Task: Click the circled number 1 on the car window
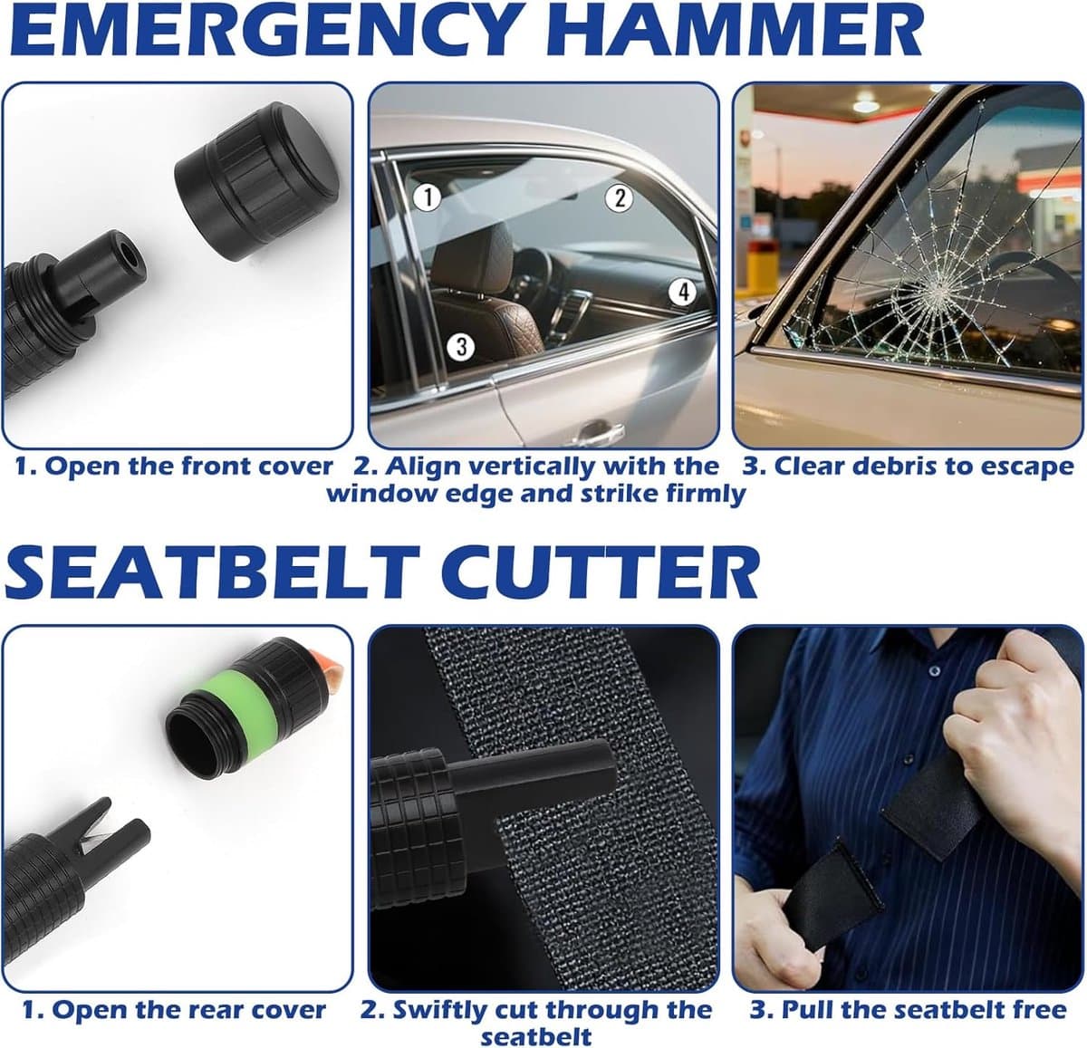point(428,197)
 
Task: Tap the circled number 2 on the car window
point(619,197)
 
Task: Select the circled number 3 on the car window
point(461,346)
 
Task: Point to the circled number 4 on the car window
point(683,292)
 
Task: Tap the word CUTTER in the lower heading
point(601,572)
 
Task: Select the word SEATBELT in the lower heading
point(212,572)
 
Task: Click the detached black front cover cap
point(257,180)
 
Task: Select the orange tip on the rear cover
point(328,662)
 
